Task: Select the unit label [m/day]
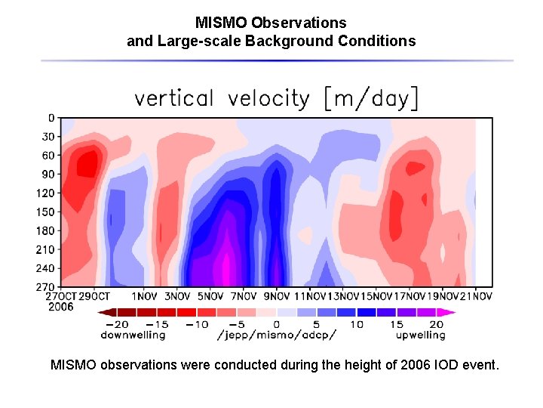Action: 371,98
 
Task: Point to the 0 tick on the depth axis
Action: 51,118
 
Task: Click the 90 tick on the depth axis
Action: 48,174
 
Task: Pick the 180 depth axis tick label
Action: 46,230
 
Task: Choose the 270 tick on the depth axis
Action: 46,286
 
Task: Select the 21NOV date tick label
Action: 477,296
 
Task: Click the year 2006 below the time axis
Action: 61,307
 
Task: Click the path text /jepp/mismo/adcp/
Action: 277,334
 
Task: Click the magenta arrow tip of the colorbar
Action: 452,312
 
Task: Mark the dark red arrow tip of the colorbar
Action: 102,312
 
